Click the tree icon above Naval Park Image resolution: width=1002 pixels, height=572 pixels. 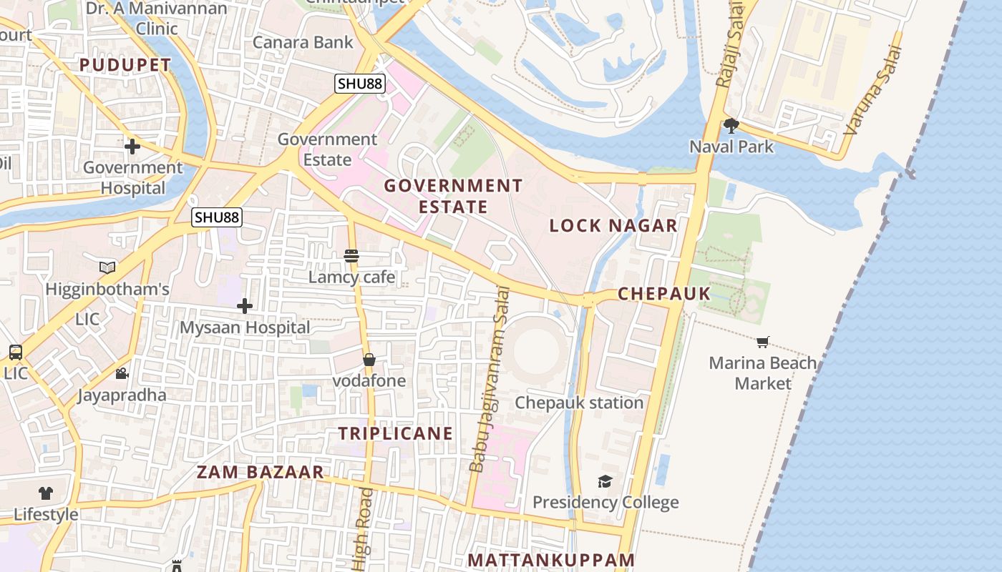coord(731,126)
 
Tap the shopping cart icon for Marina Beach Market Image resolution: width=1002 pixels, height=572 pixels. coord(763,342)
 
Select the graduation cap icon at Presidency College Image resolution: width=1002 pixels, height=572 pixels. coord(605,481)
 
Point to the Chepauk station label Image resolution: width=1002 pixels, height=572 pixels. coord(579,403)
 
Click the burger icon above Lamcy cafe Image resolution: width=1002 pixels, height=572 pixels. coord(351,256)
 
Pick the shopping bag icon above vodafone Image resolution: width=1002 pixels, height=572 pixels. coord(369,360)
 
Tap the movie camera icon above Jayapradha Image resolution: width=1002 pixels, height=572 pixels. coord(122,374)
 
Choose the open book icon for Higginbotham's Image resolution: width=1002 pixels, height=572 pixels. coord(107,268)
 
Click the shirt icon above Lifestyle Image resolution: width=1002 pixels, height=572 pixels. coord(46,493)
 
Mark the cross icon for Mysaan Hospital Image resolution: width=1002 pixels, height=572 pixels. coord(245,307)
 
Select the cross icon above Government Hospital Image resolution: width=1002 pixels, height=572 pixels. coord(132,147)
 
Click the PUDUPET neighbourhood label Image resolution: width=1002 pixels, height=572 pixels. coord(125,65)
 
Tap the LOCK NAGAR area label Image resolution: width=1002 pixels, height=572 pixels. coord(613,226)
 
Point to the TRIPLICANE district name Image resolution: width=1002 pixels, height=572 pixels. coord(396,433)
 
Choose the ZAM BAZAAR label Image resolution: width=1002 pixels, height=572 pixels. coord(261,473)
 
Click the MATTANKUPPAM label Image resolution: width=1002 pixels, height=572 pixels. coord(551,560)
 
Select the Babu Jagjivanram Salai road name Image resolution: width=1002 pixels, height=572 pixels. coord(490,379)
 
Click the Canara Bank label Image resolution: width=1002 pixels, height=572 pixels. coord(303,42)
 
